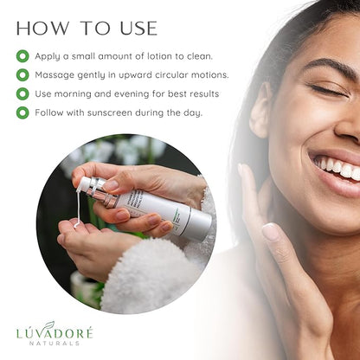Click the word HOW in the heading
pos(42,29)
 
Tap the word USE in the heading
pos(138,29)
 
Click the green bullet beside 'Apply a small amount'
pos(22,56)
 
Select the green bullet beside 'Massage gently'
pos(22,75)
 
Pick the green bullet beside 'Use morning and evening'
pos(22,93)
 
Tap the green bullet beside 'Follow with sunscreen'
pos(22,112)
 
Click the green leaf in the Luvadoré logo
pos(49,325)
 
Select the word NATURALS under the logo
pos(55,343)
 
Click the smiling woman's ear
pos(260,111)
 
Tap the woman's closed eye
pos(328,90)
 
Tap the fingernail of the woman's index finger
pos(270,232)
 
